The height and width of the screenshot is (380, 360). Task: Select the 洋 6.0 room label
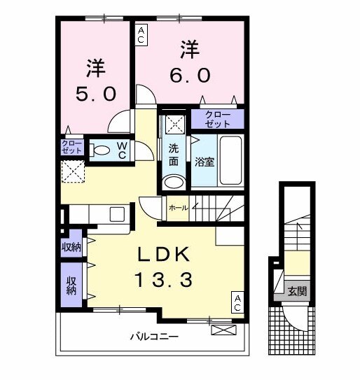(x=188, y=62)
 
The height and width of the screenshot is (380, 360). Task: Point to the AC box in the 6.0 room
(x=141, y=34)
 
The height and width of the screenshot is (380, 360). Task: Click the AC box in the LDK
(x=237, y=302)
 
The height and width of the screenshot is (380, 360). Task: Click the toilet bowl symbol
(x=101, y=149)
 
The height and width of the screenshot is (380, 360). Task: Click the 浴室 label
(x=204, y=161)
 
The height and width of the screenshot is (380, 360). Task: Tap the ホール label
(x=177, y=208)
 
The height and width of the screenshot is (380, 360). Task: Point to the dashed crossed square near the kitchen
(x=72, y=171)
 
